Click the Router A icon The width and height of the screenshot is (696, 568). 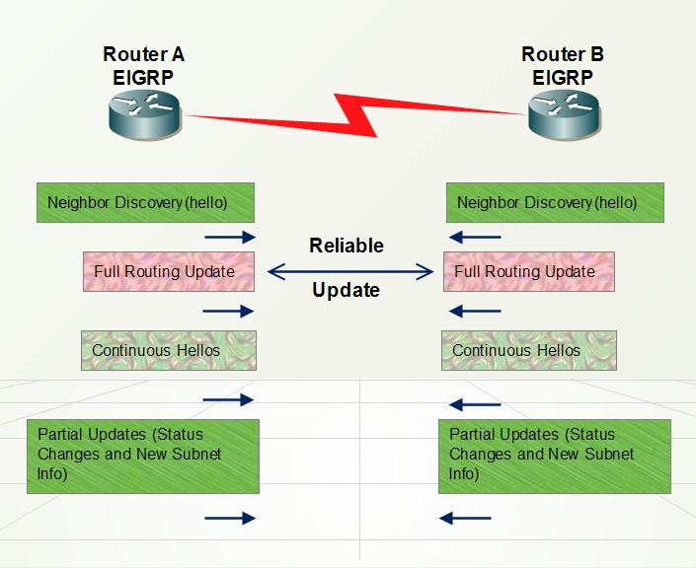(145, 112)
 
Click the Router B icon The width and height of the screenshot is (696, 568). (564, 114)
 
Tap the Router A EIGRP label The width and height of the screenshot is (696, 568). (144, 65)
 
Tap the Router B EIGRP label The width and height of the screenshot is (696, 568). (563, 65)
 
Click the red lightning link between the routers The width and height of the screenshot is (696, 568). (355, 114)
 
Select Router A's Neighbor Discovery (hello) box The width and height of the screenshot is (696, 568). (145, 202)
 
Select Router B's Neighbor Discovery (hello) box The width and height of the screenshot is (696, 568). (555, 202)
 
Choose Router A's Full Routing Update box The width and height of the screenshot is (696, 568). (169, 271)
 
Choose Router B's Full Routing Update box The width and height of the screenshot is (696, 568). (529, 271)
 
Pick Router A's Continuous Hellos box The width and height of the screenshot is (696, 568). (168, 350)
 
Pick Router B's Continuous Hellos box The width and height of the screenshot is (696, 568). (529, 350)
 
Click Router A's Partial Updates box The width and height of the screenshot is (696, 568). (143, 456)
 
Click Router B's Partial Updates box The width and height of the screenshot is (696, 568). (555, 456)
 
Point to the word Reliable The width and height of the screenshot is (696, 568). (347, 246)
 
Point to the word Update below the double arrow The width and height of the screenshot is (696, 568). (347, 290)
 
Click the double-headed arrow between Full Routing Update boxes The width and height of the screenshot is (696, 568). (350, 268)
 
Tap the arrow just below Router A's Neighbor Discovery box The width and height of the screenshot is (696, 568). (229, 237)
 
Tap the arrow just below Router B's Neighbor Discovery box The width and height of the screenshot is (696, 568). (475, 237)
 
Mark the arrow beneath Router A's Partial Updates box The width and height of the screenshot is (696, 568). (229, 518)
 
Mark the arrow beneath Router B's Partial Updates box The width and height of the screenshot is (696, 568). (465, 518)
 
